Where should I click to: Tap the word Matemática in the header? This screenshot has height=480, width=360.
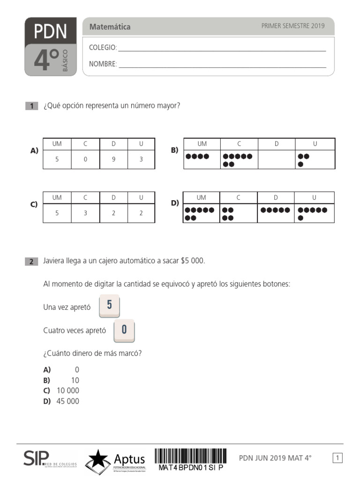pos(110,27)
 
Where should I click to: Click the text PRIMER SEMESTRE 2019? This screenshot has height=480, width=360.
pos(292,26)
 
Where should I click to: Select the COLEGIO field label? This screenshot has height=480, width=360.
pos(103,48)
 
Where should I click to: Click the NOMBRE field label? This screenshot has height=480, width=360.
pos(103,64)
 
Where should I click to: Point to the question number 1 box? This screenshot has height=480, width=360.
pos(31,106)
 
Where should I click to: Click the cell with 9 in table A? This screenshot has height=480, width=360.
pos(113,159)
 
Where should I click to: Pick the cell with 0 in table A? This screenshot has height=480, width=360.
pos(85,159)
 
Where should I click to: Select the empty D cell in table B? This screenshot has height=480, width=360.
pos(277,159)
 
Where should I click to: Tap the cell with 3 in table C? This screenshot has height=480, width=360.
pos(85,213)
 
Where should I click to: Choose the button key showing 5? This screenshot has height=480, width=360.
pos(109,306)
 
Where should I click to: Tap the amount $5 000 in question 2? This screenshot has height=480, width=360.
pos(192,261)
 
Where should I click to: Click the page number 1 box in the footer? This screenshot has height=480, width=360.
pos(337,458)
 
